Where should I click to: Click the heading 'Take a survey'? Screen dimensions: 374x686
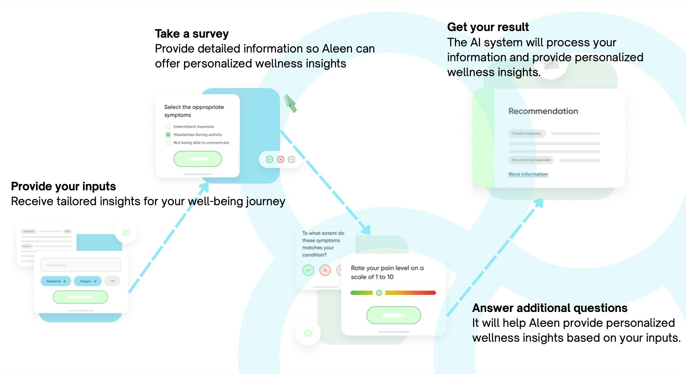191,34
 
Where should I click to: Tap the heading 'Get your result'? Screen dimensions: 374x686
488,27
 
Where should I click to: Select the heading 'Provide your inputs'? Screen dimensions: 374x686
63,187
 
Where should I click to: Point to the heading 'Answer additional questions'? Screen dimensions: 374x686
549,308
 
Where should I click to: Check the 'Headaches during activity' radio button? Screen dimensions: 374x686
168,135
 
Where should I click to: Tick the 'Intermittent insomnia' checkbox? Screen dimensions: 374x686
168,127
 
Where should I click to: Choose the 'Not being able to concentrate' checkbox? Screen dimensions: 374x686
168,143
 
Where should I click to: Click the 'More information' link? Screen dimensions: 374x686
528,174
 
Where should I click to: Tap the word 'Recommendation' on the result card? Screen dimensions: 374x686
543,111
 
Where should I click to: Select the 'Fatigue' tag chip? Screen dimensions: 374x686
87,281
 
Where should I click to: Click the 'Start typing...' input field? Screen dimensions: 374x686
80,265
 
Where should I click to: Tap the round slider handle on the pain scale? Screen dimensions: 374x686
379,293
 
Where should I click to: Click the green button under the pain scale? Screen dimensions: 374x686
394,315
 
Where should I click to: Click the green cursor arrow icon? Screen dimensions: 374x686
290,103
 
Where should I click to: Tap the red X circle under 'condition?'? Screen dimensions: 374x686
325,271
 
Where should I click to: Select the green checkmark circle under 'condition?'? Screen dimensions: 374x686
308,271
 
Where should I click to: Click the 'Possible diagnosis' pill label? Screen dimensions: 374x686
527,134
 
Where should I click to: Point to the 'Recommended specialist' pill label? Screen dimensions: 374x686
531,160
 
